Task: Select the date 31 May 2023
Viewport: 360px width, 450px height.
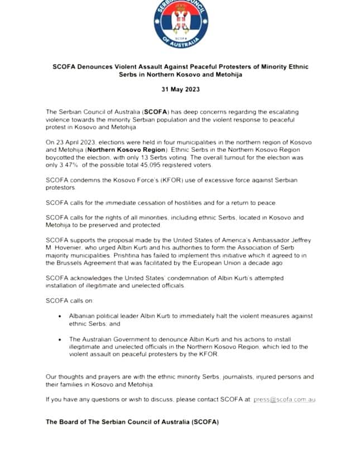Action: point(180,89)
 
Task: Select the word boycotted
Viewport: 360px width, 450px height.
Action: point(63,158)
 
